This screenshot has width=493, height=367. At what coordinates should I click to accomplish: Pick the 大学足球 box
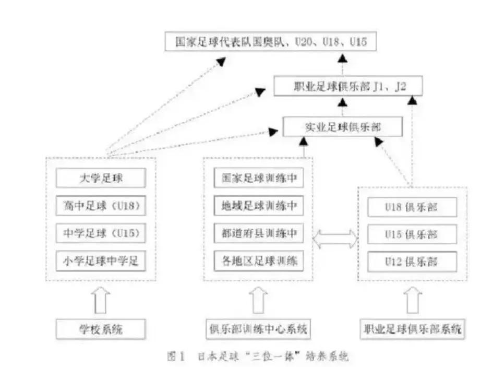[101, 179]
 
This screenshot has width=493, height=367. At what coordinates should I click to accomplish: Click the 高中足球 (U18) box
[101, 206]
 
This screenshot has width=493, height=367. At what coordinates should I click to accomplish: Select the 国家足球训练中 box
[259, 179]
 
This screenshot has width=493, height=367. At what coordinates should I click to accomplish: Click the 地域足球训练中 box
[259, 206]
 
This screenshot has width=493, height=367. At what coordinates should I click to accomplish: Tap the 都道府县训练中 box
[259, 233]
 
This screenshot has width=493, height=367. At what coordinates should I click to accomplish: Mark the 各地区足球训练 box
[259, 261]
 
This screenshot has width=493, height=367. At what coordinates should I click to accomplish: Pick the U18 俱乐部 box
[412, 207]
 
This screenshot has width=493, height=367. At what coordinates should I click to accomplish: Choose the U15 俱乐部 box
[412, 233]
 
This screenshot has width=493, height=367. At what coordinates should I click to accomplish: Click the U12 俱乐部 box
[412, 260]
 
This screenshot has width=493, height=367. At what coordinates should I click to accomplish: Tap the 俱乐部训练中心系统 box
[258, 329]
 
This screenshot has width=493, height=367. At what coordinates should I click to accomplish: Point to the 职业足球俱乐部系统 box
[412, 329]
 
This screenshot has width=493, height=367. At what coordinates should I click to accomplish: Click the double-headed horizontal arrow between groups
[335, 240]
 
